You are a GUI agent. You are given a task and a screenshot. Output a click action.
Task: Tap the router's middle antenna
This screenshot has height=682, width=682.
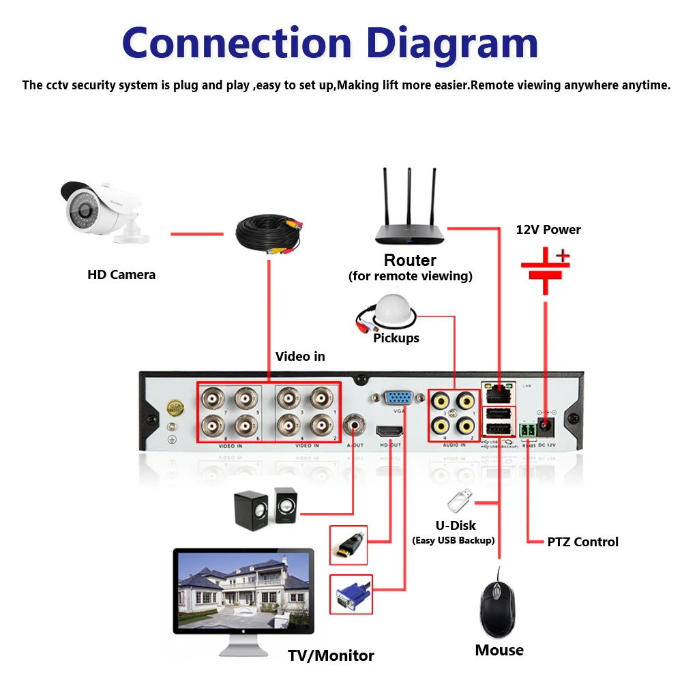(x=409, y=198)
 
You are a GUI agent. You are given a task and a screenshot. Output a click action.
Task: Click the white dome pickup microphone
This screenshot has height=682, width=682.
(x=393, y=311)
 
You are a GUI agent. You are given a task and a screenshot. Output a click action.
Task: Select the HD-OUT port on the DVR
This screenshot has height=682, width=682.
(x=389, y=432)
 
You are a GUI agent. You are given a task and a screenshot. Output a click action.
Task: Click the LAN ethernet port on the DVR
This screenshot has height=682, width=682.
(x=499, y=393)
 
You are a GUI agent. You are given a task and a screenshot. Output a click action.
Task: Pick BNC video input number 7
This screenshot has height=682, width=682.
(x=215, y=399)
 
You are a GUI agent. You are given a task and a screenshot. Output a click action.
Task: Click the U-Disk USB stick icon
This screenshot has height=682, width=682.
(x=458, y=502)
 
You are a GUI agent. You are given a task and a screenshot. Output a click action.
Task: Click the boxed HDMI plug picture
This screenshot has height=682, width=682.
(x=349, y=544)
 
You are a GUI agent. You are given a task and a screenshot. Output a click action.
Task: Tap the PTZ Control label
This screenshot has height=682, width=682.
(x=582, y=542)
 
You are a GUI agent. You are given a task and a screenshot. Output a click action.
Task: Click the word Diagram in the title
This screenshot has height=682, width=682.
(x=452, y=42)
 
